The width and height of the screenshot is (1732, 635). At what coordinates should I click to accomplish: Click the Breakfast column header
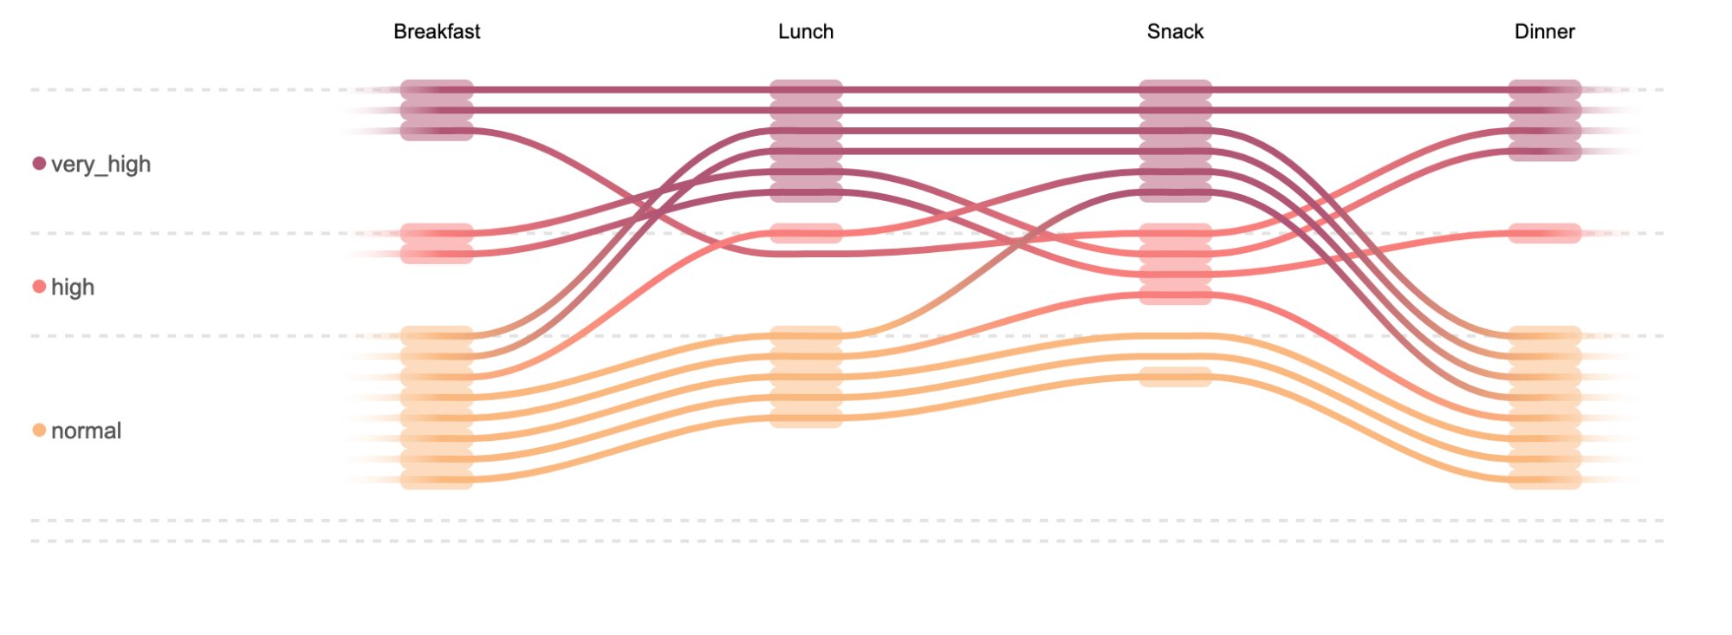(437, 32)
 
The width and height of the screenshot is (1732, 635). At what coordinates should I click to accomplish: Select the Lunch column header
(806, 32)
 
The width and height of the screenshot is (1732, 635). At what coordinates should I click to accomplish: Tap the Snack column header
(1175, 32)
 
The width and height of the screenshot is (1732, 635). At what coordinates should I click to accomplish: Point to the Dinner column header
(1544, 32)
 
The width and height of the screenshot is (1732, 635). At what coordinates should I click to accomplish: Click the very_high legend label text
(101, 164)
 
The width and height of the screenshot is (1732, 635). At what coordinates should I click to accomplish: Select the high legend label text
(73, 287)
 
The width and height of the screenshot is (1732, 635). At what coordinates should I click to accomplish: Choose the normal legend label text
(86, 431)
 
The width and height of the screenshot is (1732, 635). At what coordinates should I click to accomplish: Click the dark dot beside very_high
(39, 164)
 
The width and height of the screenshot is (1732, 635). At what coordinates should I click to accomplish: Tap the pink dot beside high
(39, 287)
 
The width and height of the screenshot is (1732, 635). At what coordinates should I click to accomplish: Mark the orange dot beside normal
(39, 431)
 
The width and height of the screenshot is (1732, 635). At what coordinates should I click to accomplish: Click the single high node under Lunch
(806, 233)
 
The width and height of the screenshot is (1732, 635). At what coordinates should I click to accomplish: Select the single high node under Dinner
(1544, 233)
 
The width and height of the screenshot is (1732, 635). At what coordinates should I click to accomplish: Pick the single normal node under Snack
(1175, 377)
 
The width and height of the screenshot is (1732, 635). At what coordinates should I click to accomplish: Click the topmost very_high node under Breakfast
(437, 89)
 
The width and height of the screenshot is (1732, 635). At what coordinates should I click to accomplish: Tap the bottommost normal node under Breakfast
(437, 480)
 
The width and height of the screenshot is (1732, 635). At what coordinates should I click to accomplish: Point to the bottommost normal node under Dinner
(1544, 480)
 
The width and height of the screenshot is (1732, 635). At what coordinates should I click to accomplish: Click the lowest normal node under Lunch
(806, 418)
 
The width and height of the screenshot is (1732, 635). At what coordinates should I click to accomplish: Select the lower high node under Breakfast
(437, 254)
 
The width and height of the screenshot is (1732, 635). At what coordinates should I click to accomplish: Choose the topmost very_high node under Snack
(1175, 89)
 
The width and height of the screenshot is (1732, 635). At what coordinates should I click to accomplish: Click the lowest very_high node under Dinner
(1544, 152)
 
